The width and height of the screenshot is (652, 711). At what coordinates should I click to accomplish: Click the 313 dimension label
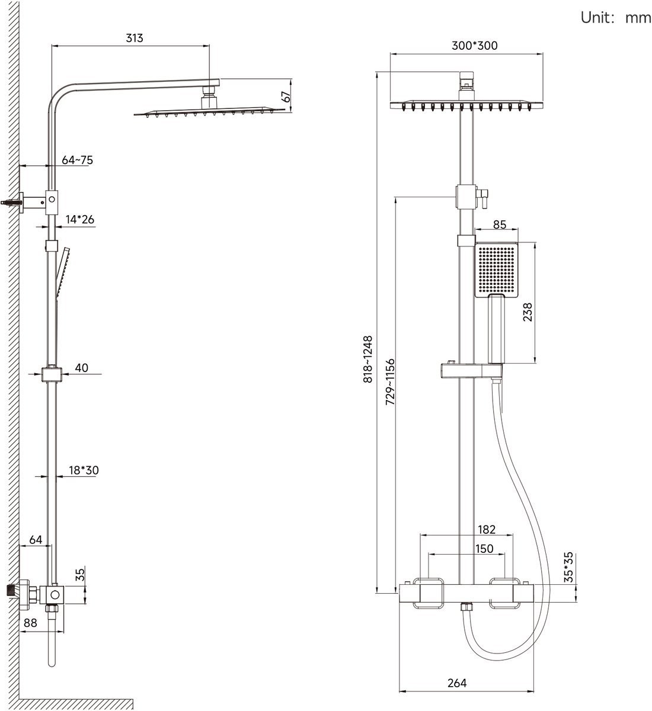pyautogui.click(x=135, y=39)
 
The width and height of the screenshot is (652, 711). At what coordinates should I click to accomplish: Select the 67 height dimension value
pyautogui.click(x=286, y=97)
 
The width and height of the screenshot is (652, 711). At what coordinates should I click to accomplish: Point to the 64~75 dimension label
pyautogui.click(x=77, y=159)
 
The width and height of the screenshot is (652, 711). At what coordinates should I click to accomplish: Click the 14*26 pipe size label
pyautogui.click(x=80, y=219)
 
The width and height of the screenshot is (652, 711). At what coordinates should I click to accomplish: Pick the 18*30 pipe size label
pyautogui.click(x=84, y=470)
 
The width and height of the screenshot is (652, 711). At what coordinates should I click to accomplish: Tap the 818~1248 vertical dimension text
pyautogui.click(x=368, y=361)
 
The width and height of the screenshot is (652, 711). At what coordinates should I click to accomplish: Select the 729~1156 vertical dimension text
pyautogui.click(x=390, y=382)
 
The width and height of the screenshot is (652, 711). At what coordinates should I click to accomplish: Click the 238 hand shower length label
pyautogui.click(x=528, y=312)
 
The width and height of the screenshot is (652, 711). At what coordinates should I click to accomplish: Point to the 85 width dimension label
pyautogui.click(x=500, y=225)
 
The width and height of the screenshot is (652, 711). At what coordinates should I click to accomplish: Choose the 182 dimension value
pyautogui.click(x=485, y=529)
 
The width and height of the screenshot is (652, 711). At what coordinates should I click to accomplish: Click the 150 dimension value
pyautogui.click(x=484, y=549)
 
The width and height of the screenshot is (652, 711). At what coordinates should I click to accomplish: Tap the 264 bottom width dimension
pyautogui.click(x=456, y=683)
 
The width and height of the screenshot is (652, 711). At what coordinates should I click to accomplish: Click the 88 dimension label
pyautogui.click(x=30, y=623)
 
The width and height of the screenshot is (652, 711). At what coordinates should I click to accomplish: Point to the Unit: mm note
pyautogui.click(x=615, y=17)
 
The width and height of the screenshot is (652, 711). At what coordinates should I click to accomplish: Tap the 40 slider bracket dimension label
pyautogui.click(x=82, y=368)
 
